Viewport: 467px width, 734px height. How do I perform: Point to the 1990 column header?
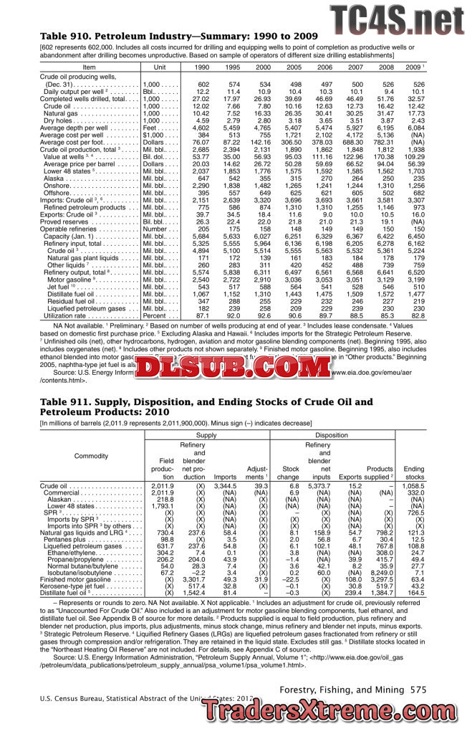coord(203,67)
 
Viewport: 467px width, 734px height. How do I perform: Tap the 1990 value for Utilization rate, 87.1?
coord(203,315)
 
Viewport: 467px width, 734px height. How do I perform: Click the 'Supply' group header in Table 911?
coord(206,435)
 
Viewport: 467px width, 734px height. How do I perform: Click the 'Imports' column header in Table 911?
coord(225,475)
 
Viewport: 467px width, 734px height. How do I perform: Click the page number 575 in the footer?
coord(419,688)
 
